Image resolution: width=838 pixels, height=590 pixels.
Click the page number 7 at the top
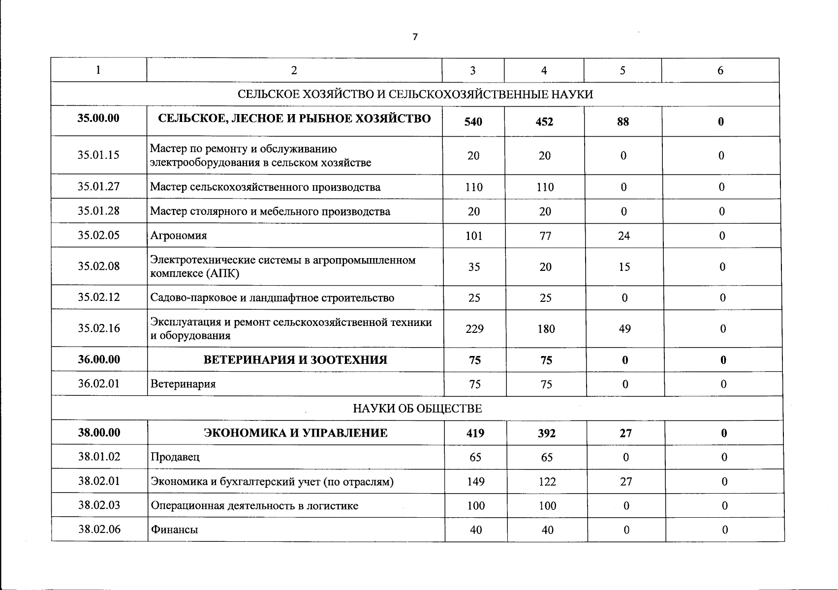[415, 37]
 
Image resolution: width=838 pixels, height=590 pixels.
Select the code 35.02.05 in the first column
[98, 235]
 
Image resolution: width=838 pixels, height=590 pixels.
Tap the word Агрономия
[179, 236]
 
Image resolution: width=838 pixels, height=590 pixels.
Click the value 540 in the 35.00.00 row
[473, 121]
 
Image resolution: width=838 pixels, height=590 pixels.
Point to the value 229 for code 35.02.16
[474, 328]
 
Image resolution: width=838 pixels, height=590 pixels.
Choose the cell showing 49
[624, 328]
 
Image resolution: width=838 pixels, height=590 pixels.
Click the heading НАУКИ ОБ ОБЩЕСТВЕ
[417, 409]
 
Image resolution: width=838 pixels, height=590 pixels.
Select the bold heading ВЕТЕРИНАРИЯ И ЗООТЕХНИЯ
[295, 360]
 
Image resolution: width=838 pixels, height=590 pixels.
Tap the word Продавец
[175, 457]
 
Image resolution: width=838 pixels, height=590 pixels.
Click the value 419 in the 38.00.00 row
[475, 433]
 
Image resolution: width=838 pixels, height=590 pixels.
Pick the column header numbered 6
[720, 70]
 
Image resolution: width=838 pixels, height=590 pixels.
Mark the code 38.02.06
[99, 530]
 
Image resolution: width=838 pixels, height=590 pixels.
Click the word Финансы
[174, 530]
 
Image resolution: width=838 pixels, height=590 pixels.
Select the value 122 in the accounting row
[547, 481]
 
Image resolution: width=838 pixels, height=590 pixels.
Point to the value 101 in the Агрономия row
[473, 236]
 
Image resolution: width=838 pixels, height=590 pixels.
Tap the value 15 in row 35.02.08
[624, 267]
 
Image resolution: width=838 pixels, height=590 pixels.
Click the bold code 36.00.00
[98, 359]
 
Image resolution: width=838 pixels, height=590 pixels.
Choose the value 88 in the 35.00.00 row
[622, 121]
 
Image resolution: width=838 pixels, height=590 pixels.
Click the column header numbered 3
[472, 70]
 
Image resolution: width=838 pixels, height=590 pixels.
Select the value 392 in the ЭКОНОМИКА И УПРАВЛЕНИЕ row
[547, 433]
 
